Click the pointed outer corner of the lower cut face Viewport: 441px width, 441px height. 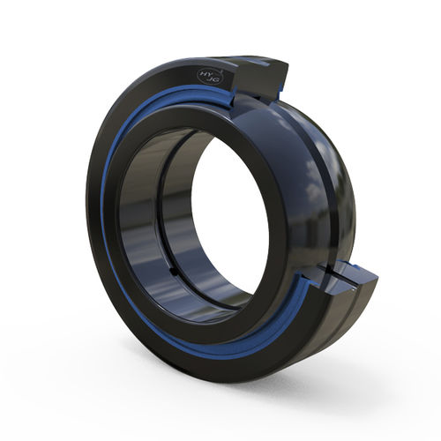pyautogui.click(x=377, y=280)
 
